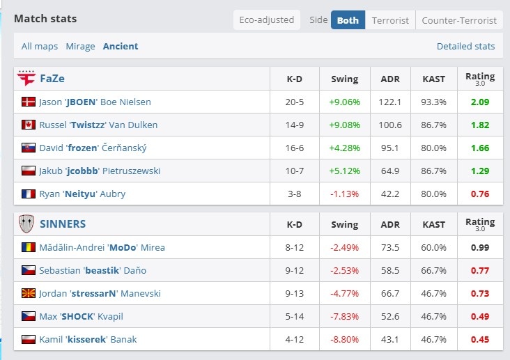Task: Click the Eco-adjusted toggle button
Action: click(x=267, y=20)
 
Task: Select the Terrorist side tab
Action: click(x=390, y=20)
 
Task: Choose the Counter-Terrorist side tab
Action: click(x=459, y=20)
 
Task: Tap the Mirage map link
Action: click(x=80, y=46)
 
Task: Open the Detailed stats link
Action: click(x=466, y=46)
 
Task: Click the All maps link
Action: click(x=40, y=46)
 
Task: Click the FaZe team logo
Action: click(x=26, y=78)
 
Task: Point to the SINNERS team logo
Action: click(x=26, y=224)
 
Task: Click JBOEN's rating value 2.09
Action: click(x=480, y=102)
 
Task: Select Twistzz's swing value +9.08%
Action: click(x=344, y=125)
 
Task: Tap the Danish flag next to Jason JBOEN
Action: click(x=29, y=102)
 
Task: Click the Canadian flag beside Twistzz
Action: click(x=29, y=125)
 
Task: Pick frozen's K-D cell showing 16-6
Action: click(x=294, y=148)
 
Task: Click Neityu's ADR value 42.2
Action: click(x=390, y=194)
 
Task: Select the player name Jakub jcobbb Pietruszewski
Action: click(x=100, y=171)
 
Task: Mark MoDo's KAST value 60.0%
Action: click(x=433, y=247)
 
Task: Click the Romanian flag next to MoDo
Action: click(x=29, y=247)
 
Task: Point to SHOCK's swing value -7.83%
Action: click(x=344, y=316)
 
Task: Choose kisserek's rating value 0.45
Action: click(x=480, y=340)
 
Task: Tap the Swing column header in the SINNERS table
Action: click(x=344, y=224)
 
